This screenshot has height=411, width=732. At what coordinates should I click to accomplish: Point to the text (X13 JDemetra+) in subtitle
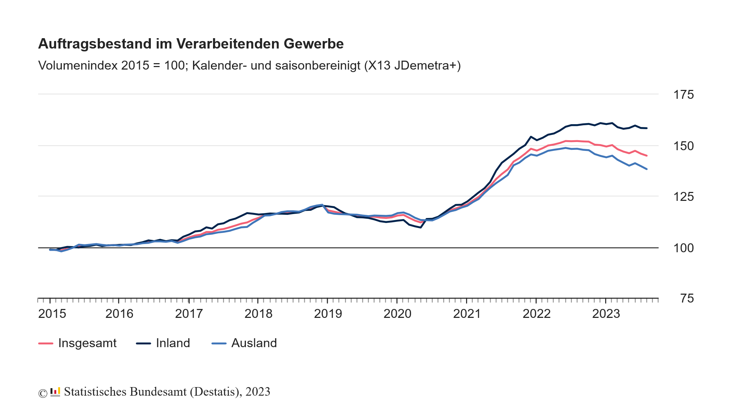tap(412, 66)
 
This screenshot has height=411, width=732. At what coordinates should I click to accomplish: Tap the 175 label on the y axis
tap(683, 95)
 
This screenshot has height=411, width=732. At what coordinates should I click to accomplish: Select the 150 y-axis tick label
tap(683, 146)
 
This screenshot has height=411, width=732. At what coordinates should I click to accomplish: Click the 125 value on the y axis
tap(683, 197)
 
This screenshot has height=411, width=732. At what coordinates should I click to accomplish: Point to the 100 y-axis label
tap(683, 248)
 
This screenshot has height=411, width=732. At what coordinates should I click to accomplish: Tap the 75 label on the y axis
tap(687, 299)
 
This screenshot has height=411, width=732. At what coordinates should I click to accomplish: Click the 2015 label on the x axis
tap(52, 314)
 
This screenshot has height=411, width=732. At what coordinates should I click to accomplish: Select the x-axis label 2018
tap(258, 314)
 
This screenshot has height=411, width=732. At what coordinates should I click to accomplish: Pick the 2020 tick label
tap(397, 314)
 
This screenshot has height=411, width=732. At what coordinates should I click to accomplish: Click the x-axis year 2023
tap(606, 314)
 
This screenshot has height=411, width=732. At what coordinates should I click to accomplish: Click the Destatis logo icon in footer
tap(55, 392)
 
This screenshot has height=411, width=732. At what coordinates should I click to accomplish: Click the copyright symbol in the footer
tap(43, 393)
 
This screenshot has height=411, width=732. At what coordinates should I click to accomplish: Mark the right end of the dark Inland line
tap(647, 128)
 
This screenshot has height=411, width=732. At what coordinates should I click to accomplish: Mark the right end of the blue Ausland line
tap(647, 169)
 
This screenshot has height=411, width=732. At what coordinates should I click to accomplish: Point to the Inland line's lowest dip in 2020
tap(421, 227)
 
